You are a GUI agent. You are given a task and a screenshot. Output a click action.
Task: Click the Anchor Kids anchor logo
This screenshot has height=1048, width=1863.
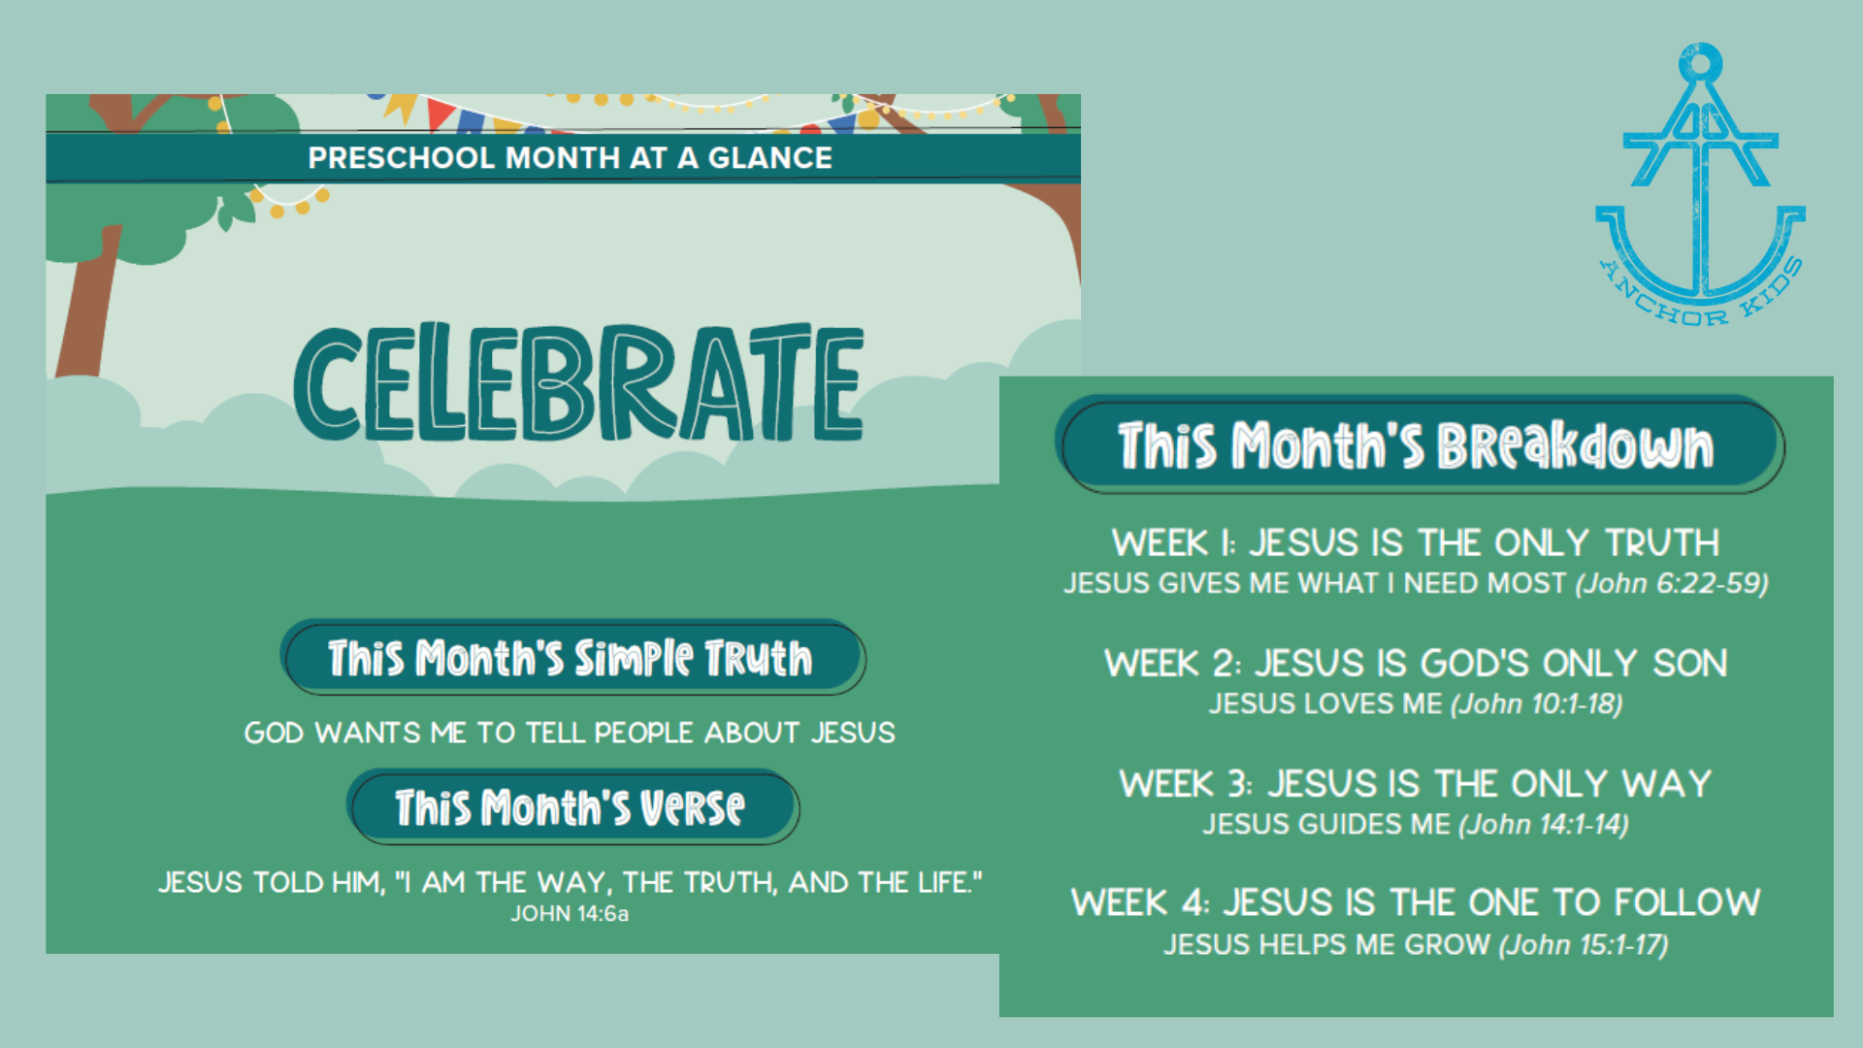point(1700,184)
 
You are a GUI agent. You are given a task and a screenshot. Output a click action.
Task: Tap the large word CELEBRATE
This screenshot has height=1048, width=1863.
point(578,381)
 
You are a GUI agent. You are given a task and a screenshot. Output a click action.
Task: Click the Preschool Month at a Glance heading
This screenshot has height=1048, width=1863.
point(570,157)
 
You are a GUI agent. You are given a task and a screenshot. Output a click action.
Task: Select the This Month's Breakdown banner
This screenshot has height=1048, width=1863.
point(1420,444)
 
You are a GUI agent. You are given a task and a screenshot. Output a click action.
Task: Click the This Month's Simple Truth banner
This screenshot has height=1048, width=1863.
point(572,657)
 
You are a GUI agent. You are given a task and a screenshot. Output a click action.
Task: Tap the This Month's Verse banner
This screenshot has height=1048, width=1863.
point(572,806)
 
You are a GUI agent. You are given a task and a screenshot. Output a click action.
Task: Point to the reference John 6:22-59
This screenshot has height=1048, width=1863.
point(1672,583)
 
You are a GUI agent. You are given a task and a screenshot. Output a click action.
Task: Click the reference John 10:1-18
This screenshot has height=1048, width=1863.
point(1537,704)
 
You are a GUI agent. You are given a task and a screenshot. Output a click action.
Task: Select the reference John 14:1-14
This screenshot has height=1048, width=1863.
point(1544,824)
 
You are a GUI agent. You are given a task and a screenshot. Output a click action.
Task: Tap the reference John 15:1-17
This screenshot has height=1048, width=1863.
point(1584,944)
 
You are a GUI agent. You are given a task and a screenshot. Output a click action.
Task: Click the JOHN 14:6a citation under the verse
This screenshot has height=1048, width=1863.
point(570,914)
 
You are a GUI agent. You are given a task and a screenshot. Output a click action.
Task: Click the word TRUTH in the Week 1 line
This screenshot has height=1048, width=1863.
point(1662,542)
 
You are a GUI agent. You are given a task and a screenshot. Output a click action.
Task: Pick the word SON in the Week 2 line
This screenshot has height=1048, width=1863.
point(1690,664)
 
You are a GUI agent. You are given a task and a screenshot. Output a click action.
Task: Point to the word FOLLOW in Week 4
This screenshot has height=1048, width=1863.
point(1687,902)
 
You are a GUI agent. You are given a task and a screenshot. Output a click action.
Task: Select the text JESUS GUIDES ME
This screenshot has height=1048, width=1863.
point(1326,824)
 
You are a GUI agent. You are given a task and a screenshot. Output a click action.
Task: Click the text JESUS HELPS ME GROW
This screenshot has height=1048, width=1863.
point(1327,944)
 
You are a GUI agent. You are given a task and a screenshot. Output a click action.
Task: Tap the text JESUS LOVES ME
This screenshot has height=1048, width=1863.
point(1325,704)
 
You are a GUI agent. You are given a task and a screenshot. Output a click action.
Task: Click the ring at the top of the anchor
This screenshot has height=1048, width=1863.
point(1700,63)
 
